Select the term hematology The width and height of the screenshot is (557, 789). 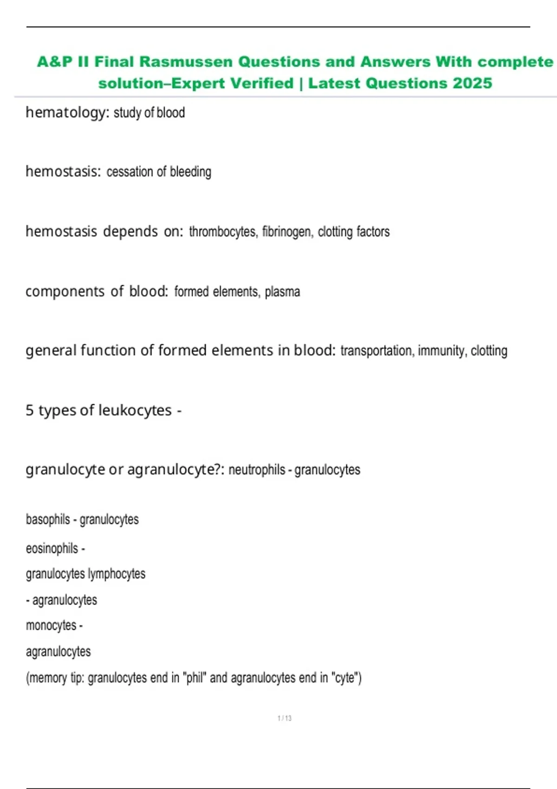click(x=65, y=112)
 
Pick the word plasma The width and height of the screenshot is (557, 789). click(x=282, y=291)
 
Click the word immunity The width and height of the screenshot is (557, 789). click(x=441, y=350)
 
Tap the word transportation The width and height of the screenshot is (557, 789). click(x=376, y=350)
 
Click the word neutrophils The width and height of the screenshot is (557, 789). click(x=257, y=470)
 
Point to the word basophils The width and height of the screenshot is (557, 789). click(x=48, y=519)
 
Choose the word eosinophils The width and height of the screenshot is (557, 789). click(x=52, y=549)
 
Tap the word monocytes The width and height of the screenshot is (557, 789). click(x=51, y=626)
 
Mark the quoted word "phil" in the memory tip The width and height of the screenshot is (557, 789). click(x=194, y=678)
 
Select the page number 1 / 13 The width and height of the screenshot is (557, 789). click(x=285, y=718)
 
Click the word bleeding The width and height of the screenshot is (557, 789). click(x=190, y=172)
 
